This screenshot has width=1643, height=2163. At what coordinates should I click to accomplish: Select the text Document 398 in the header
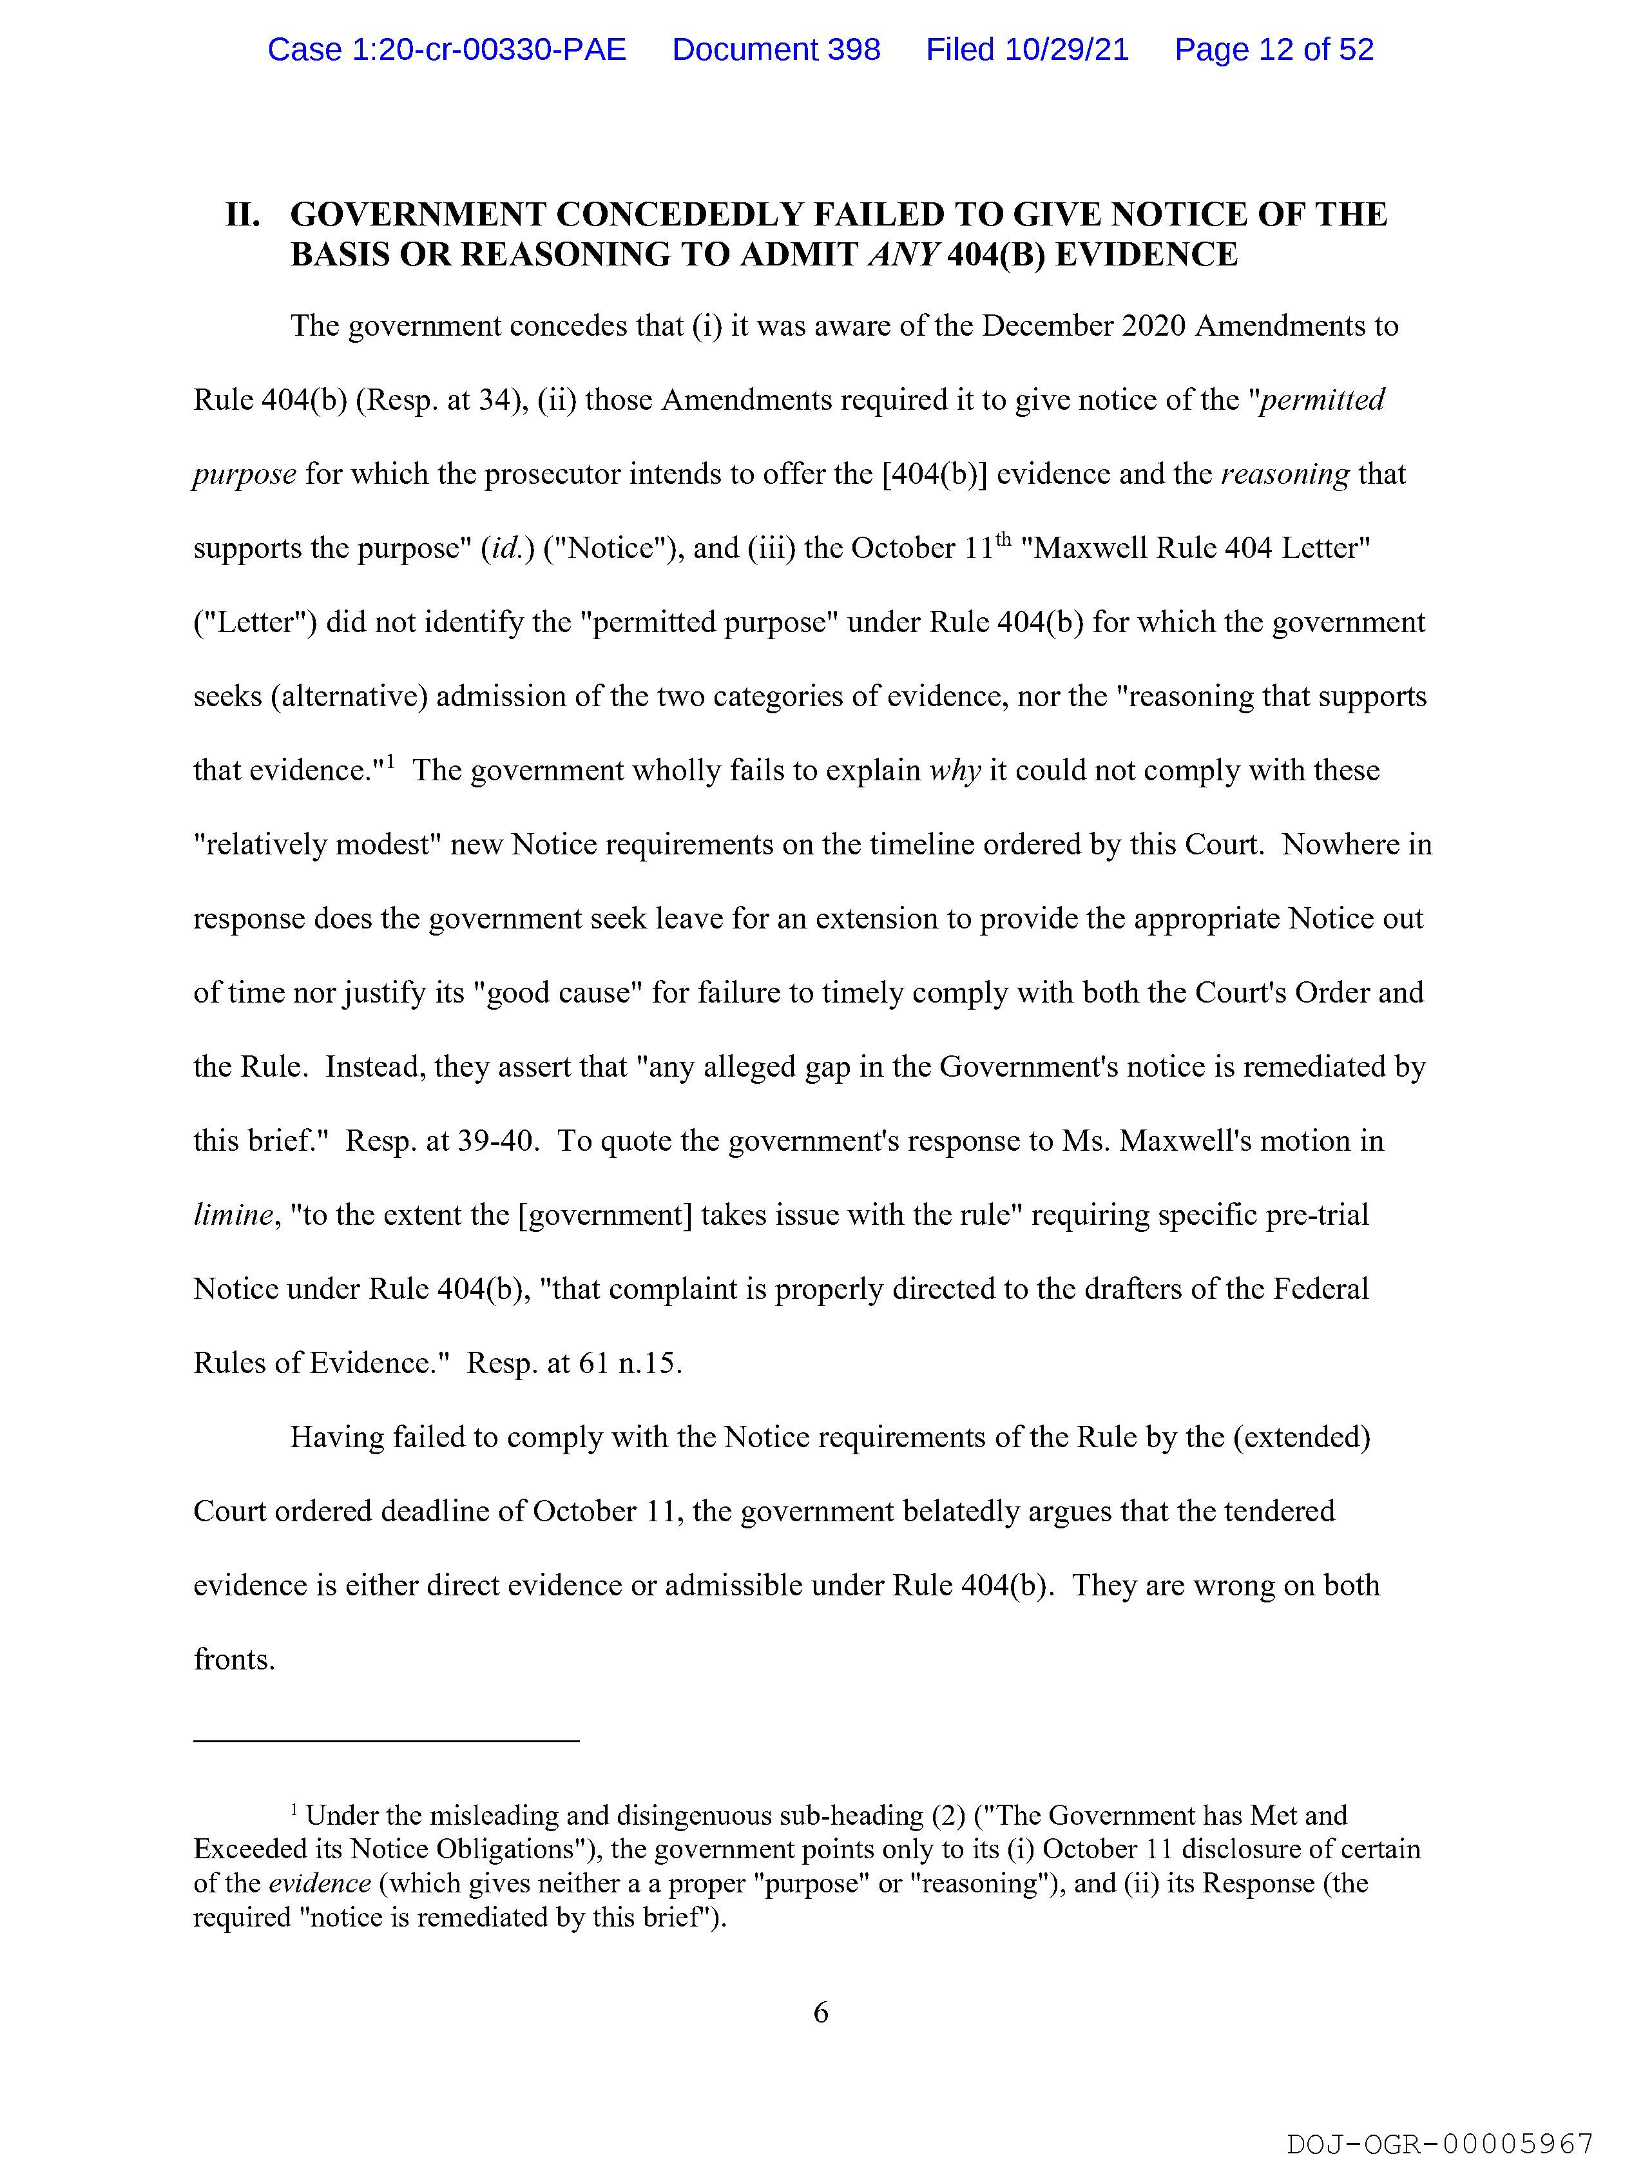(776, 50)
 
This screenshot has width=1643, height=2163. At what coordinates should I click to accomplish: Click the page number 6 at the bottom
(820, 2012)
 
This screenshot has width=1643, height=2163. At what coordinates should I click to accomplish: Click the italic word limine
(233, 1215)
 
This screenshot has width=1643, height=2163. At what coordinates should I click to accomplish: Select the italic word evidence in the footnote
(320, 1883)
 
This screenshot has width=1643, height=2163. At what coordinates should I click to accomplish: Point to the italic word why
(954, 771)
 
